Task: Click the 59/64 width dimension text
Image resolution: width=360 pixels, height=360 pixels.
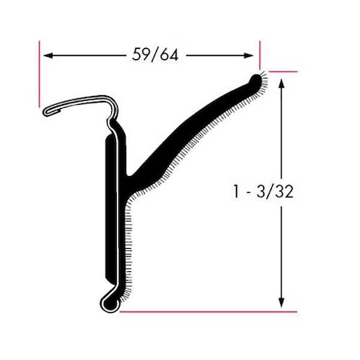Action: pos(152,55)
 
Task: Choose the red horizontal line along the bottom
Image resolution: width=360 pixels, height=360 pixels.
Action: pos(208,310)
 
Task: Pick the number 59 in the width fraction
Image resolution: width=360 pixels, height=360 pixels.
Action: pos(138,55)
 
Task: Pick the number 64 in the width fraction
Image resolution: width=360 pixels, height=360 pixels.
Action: pos(166,55)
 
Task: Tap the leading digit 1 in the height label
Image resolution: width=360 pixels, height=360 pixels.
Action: pos(234,193)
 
